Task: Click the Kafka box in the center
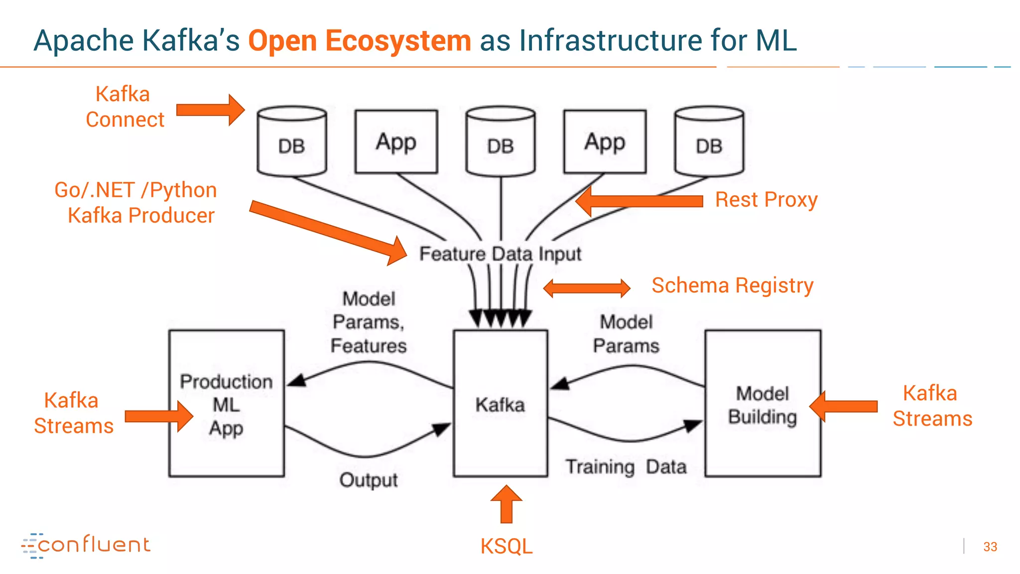pyautogui.click(x=500, y=404)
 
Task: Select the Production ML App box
pyautogui.click(x=226, y=404)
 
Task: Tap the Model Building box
pyautogui.click(x=763, y=404)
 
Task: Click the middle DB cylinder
pyautogui.click(x=501, y=142)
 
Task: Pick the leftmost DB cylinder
pyautogui.click(x=292, y=142)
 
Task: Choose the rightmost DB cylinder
pyautogui.click(x=709, y=142)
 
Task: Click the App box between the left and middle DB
pyautogui.click(x=396, y=142)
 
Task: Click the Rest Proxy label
pyautogui.click(x=766, y=200)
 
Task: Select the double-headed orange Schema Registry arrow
pyautogui.click(x=587, y=288)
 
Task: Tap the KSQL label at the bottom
pyautogui.click(x=506, y=547)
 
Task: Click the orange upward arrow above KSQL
pyautogui.click(x=506, y=504)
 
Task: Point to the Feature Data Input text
pyautogui.click(x=500, y=254)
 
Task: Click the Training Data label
pyautogui.click(x=626, y=467)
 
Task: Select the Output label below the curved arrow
pyautogui.click(x=369, y=480)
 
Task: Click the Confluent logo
pyautogui.click(x=86, y=545)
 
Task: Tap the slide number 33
pyautogui.click(x=990, y=547)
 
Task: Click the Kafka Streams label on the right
pyautogui.click(x=931, y=406)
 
